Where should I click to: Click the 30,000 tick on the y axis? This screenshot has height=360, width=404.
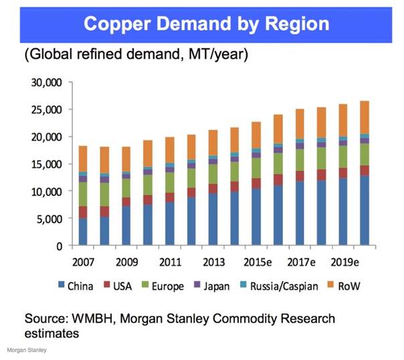(46, 82)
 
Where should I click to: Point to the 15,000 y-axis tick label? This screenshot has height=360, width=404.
(46, 164)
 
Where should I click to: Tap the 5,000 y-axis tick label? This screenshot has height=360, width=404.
(49, 219)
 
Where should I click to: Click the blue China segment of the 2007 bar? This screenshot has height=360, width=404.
(83, 232)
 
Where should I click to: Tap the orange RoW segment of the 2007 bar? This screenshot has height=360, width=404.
(83, 159)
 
